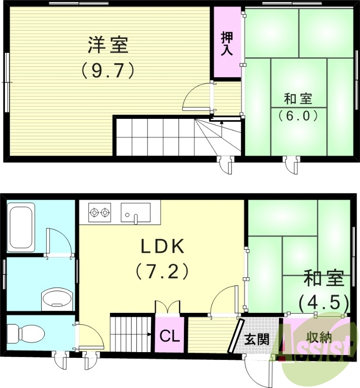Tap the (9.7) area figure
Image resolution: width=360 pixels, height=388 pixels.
coord(108,71)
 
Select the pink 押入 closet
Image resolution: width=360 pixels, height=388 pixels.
coord(227,44)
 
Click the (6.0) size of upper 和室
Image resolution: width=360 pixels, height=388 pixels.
coord(298,116)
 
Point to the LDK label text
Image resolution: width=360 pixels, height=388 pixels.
coord(163,247)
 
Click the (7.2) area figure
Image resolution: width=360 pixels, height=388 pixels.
coord(162,271)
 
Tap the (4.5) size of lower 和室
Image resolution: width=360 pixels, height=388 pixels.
coord(324,303)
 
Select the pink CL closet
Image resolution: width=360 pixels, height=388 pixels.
coord(169,335)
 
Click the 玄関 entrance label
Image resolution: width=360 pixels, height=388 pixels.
coord(256,339)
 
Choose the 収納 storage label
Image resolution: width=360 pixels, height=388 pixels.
coord(319,336)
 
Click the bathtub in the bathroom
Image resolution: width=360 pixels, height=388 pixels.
coord(21,228)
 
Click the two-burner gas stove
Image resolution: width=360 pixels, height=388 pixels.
coord(100,212)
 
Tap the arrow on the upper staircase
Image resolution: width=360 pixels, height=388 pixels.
coord(221,123)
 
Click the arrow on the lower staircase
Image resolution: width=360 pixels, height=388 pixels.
coord(150,334)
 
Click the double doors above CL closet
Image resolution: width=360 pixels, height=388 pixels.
coord(167,307)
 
